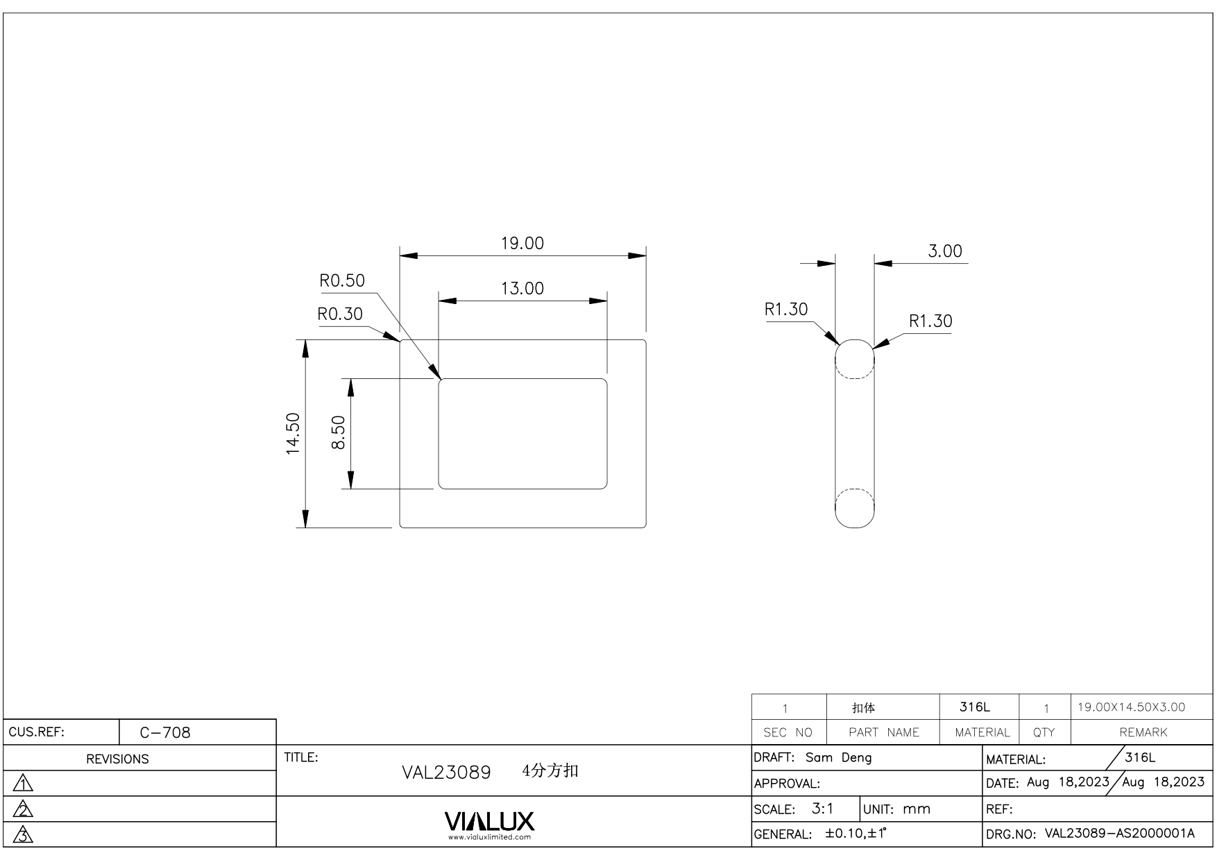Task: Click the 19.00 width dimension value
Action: click(x=522, y=244)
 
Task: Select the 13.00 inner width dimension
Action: click(x=522, y=289)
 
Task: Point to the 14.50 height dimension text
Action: click(x=293, y=434)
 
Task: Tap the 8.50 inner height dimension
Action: click(x=339, y=432)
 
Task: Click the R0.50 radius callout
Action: click(x=342, y=280)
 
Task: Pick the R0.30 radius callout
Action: click(x=340, y=314)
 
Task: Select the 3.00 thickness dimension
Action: click(x=945, y=251)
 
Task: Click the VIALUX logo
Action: click(x=489, y=822)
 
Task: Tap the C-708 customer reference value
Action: click(x=165, y=733)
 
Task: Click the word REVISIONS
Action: click(x=117, y=759)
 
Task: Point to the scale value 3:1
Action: click(x=823, y=809)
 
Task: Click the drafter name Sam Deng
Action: click(x=838, y=757)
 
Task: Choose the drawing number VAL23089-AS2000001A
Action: click(x=1120, y=833)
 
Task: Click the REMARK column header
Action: click(x=1143, y=732)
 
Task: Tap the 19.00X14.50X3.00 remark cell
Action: click(x=1132, y=707)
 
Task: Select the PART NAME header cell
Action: click(x=884, y=732)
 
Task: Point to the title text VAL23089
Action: click(x=447, y=773)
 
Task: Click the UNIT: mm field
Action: click(x=897, y=809)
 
